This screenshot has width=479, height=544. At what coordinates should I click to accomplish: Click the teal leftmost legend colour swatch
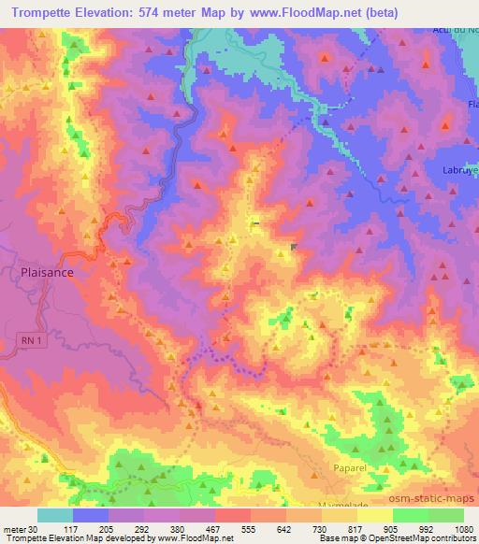pyautogui.click(x=54, y=515)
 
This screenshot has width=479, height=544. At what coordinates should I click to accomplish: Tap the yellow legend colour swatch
pyautogui.click(x=374, y=515)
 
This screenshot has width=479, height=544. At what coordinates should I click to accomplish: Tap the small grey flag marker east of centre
pyautogui.click(x=294, y=247)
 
